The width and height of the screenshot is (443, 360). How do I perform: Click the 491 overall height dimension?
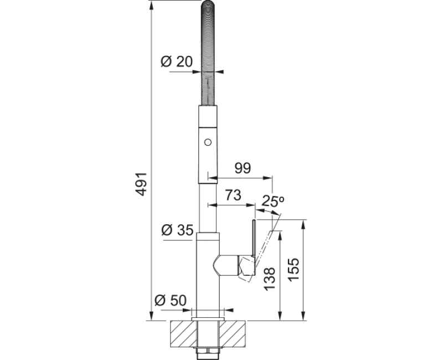pyautogui.click(x=141, y=184)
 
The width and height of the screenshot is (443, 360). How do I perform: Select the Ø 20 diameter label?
pyautogui.click(x=177, y=61)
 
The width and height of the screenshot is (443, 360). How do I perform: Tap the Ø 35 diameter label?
pyautogui.click(x=177, y=230)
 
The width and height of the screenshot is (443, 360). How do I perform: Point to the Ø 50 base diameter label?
pyautogui.click(x=171, y=300)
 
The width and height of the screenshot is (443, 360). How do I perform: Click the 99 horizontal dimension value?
pyautogui.click(x=243, y=168)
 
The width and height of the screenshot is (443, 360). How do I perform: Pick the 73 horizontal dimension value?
pyautogui.click(x=233, y=195)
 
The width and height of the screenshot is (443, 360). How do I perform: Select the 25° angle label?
pyautogui.click(x=272, y=201)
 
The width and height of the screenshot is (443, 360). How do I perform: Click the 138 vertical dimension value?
pyautogui.click(x=270, y=279)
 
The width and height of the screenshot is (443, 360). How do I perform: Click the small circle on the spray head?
pyautogui.click(x=208, y=142)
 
